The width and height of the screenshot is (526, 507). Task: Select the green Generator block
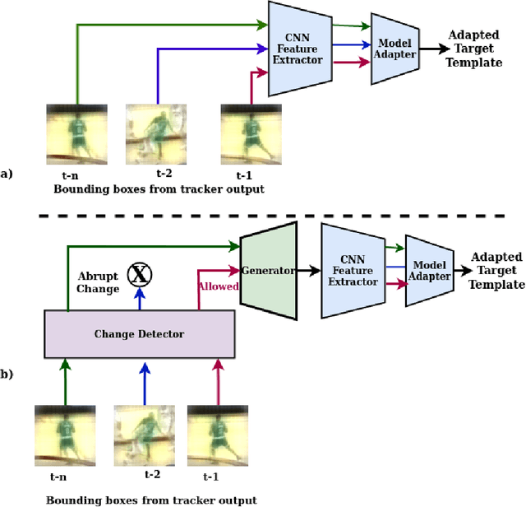267,270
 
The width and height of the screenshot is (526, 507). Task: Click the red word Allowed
217,286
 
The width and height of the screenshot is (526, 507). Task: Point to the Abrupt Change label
99,282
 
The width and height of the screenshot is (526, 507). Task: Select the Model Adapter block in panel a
395,49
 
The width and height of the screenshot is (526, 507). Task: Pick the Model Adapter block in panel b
430,271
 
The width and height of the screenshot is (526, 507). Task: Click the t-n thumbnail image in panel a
76,134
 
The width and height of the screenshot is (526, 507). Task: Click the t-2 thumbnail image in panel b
142,434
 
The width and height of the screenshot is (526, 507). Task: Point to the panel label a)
7,174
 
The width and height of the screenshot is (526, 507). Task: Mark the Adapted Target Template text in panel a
474,49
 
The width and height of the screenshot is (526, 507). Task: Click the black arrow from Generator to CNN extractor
309,270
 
